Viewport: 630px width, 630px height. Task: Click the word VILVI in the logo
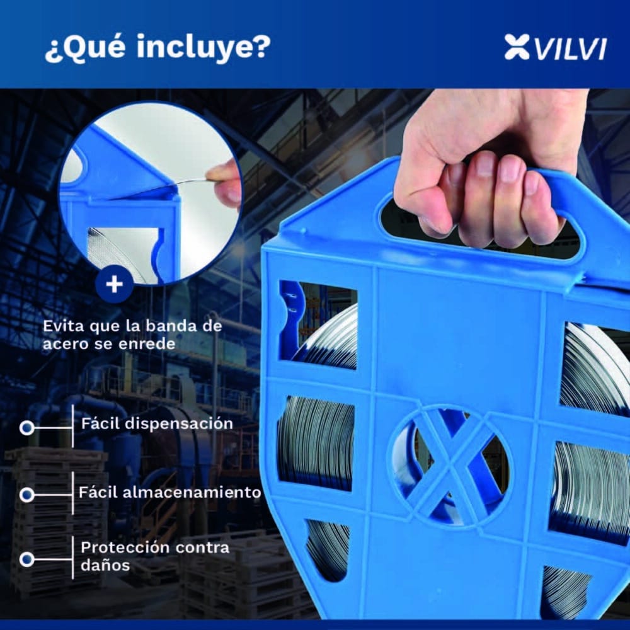pyautogui.click(x=571, y=49)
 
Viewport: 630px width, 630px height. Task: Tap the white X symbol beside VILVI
pyautogui.click(x=517, y=47)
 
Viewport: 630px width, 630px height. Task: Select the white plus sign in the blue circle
pyautogui.click(x=115, y=285)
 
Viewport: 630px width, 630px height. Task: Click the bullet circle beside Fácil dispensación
pyautogui.click(x=26, y=428)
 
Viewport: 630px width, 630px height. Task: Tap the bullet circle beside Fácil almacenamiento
pyautogui.click(x=26, y=495)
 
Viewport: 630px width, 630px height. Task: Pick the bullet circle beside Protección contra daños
pyautogui.click(x=26, y=559)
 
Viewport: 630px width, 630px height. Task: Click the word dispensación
pyautogui.click(x=179, y=424)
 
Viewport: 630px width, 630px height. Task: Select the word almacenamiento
pyautogui.click(x=192, y=492)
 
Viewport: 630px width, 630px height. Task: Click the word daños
pyautogui.click(x=105, y=565)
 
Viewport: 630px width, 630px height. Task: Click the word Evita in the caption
pyautogui.click(x=64, y=326)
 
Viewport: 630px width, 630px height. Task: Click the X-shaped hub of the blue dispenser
pyautogui.click(x=449, y=467)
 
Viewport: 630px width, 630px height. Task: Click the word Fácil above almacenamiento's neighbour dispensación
pyautogui.click(x=101, y=423)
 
